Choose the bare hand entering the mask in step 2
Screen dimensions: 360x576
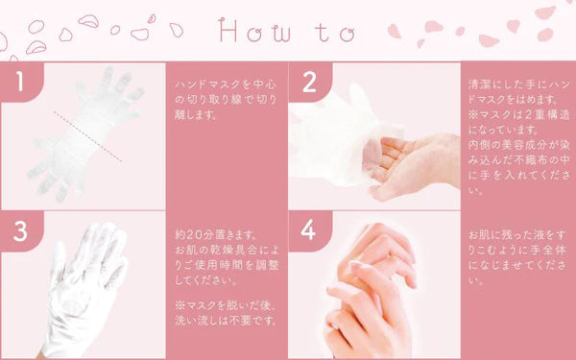403,163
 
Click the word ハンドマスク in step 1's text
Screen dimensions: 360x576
197,84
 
